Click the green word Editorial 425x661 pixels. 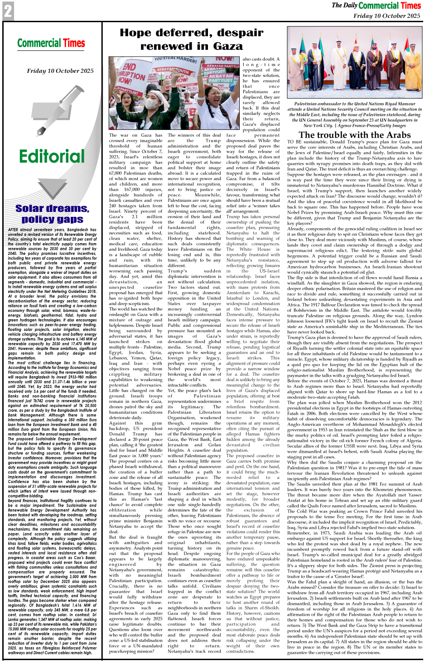point(52,157)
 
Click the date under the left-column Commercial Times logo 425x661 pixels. point(60,71)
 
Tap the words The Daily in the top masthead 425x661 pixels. point(344,5)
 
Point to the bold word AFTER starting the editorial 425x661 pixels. point(14,230)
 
